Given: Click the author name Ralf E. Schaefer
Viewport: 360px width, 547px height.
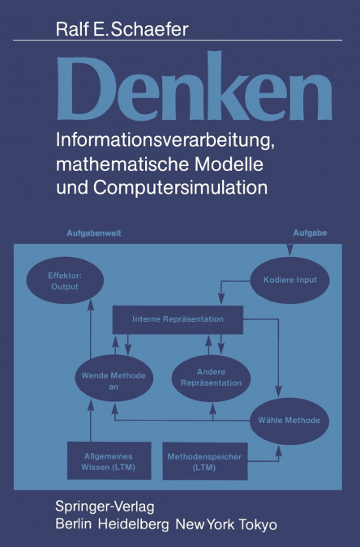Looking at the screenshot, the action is [122, 29].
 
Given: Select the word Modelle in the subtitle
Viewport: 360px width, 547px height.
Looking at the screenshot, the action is [229, 164].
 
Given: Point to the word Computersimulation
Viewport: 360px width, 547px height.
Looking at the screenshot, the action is [180, 187].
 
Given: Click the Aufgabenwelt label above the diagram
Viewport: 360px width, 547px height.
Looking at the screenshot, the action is [94, 233].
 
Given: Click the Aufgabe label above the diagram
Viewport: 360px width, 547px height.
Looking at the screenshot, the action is [310, 233].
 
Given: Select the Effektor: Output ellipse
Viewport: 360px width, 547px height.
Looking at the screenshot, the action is [65, 280].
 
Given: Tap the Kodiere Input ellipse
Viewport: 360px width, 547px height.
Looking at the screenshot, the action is [289, 280].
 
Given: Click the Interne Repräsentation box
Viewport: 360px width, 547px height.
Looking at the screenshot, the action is [178, 319].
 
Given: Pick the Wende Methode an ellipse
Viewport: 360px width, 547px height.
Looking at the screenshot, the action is [114, 378].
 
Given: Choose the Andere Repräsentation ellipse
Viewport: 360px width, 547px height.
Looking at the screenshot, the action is [211, 378].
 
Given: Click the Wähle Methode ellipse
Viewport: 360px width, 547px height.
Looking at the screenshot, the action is [289, 421].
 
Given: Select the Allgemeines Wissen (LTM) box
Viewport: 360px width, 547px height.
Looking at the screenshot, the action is [109, 461].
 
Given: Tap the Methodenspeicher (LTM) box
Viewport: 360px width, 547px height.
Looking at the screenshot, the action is [205, 461].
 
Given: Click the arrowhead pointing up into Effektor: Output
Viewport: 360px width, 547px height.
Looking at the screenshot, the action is [91, 305].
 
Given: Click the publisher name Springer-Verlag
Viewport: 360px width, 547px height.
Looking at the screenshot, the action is [105, 506].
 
